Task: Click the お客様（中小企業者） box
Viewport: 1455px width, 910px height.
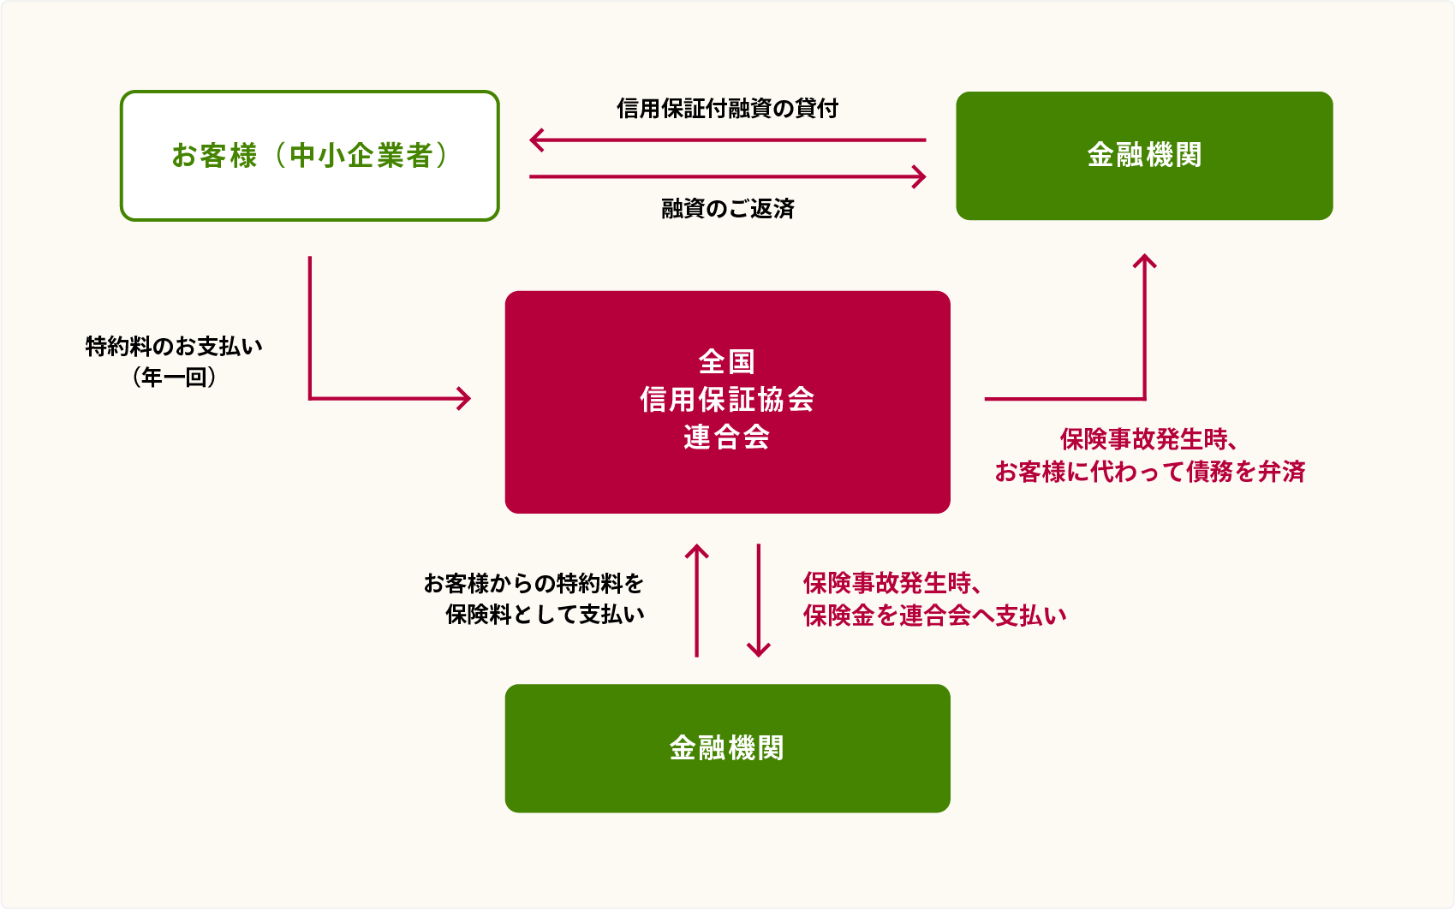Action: pos(310,156)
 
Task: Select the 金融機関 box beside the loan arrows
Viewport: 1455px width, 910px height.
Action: pos(1144,156)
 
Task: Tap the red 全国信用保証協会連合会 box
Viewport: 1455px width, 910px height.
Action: pos(728,402)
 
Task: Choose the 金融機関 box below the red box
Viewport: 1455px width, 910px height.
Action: pos(728,748)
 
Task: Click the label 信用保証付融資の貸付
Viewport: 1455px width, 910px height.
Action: pos(728,109)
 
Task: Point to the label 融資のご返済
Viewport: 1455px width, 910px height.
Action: pos(728,209)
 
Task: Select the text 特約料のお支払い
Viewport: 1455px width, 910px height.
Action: pos(174,346)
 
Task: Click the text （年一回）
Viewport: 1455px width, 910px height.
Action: pos(174,377)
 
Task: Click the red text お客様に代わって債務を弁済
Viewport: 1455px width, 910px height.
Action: pos(1150,472)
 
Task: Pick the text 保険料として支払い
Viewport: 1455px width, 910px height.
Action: pos(545,614)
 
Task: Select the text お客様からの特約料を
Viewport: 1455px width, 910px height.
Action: pos(534,583)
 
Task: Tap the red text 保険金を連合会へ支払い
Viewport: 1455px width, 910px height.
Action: pos(934,616)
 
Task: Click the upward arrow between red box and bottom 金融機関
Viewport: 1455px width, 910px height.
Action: pos(696,600)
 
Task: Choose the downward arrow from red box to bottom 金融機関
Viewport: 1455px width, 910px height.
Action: pos(759,600)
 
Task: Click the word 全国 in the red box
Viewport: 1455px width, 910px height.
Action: pos(728,362)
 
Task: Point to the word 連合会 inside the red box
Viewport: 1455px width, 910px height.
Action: pos(728,437)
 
